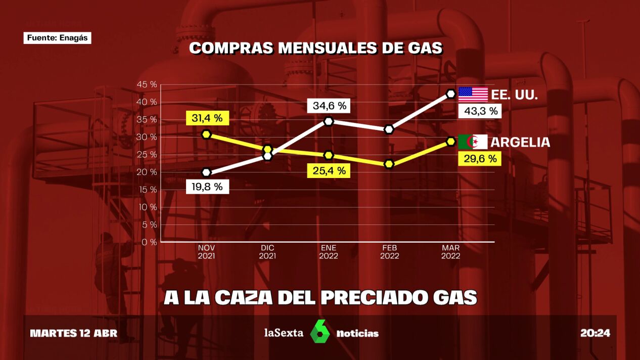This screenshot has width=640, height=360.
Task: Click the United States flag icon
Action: (473, 95)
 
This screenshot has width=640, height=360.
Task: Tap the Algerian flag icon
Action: (473, 142)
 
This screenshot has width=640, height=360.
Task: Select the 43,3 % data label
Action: (480, 111)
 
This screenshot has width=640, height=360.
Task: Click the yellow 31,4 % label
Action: (207, 118)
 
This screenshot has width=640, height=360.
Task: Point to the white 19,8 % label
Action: (207, 186)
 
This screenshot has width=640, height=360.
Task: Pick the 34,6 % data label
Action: (329, 106)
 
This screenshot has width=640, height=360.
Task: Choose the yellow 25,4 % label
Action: (329, 170)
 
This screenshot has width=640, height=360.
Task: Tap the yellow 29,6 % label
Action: (480, 159)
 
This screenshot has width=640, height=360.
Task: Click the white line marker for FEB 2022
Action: (389, 129)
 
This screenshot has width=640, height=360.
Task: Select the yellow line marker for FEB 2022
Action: (389, 164)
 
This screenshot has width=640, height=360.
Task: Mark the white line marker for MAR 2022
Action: (450, 94)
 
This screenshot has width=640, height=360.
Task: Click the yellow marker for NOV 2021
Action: (206, 134)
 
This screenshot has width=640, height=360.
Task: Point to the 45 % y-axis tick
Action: (147, 84)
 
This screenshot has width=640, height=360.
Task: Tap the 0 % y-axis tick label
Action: (149, 242)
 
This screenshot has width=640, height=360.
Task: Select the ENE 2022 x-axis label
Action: (329, 252)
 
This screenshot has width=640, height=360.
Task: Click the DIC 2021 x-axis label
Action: (267, 252)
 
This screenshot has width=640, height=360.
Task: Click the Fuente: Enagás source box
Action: (57, 38)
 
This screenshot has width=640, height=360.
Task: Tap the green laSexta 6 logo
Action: (319, 332)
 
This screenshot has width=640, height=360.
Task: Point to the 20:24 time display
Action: (595, 333)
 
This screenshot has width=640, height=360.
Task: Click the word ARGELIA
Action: (520, 142)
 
